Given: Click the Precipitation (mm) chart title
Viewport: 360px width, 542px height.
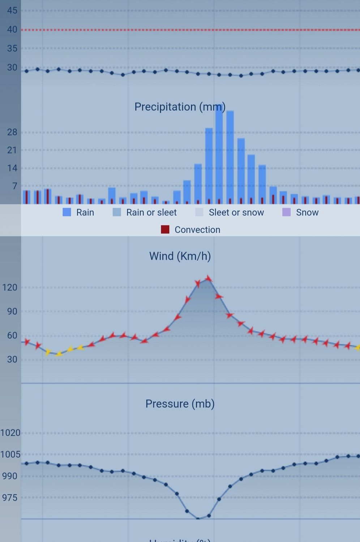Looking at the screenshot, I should pos(180,107).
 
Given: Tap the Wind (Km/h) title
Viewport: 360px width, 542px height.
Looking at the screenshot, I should pos(180,256).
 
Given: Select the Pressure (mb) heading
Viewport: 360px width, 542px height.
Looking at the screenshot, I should pos(180,404).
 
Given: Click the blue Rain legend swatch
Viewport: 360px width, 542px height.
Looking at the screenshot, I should pos(67,212).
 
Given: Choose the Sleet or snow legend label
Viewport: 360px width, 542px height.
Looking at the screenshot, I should pos(236,212).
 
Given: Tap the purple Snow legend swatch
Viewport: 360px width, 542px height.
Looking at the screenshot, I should pos(286,212).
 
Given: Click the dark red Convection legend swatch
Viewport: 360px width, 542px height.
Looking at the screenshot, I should pos(165,229).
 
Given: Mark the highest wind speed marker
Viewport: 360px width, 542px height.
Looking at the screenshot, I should pos(209,279).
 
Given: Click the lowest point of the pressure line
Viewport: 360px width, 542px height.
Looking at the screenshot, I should pos(198,519).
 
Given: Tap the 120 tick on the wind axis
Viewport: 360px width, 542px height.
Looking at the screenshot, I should pos(10,288).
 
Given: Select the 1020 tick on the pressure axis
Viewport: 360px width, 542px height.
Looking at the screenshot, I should pos(10,433).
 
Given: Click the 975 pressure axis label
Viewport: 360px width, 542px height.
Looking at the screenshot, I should pos(10,498).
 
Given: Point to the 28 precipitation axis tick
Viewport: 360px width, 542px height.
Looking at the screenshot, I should pos(12,132).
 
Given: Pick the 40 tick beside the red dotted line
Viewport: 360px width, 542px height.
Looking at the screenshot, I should pos(12,30).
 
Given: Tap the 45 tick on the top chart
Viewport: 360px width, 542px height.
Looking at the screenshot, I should pos(12,10).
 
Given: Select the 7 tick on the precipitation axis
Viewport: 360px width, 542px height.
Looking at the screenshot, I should pos(14,186).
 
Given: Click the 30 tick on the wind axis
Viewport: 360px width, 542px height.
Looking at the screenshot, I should pos(12,360).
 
